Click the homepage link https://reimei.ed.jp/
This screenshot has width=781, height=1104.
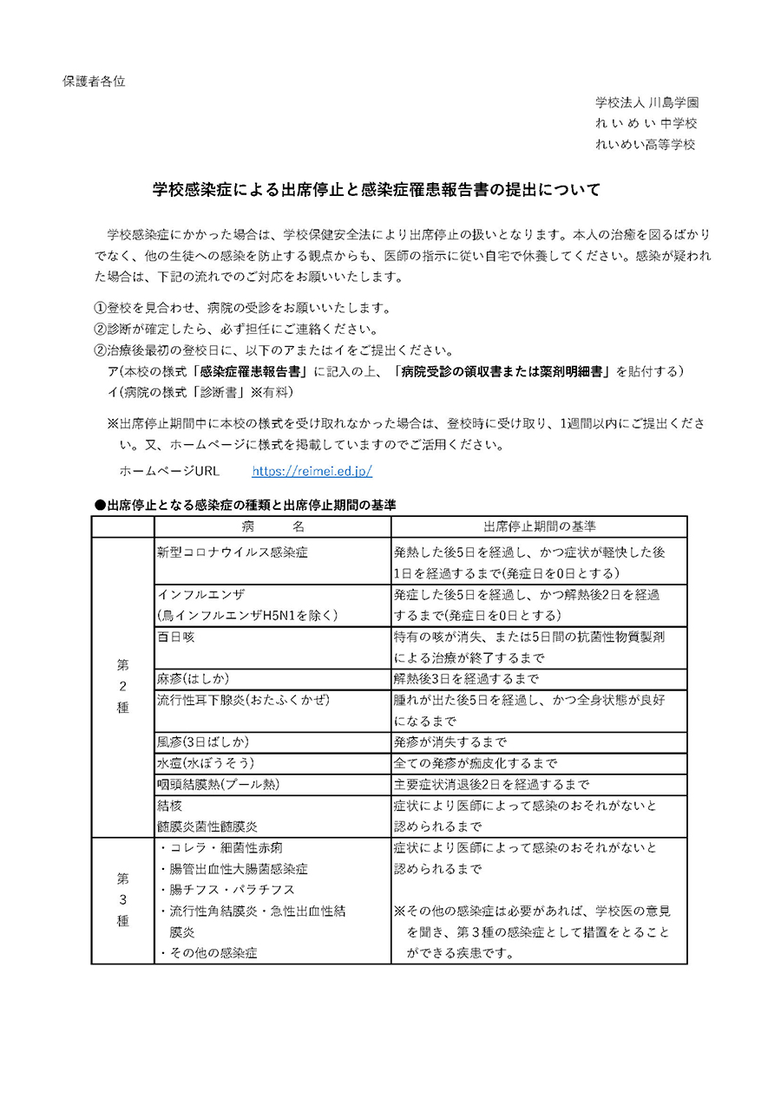[x=312, y=472]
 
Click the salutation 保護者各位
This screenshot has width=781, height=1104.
[x=94, y=82]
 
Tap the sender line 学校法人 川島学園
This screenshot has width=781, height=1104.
[x=646, y=102]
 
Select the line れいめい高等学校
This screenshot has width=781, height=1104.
[x=646, y=144]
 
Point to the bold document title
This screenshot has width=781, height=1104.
[x=377, y=189]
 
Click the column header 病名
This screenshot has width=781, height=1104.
[x=273, y=527]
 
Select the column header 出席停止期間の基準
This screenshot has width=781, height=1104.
[x=539, y=527]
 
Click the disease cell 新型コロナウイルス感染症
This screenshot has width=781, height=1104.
[x=233, y=552]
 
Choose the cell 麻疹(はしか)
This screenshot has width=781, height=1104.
[x=194, y=678]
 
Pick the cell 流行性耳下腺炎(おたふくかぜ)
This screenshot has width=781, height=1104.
[x=244, y=700]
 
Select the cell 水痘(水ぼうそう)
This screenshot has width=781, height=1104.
[x=205, y=763]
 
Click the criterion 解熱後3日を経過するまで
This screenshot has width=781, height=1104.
[x=467, y=678]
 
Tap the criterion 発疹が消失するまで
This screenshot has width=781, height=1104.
[x=450, y=742]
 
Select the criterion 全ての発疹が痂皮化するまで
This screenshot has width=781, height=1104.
[x=476, y=763]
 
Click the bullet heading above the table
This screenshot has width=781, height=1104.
[x=246, y=504]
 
